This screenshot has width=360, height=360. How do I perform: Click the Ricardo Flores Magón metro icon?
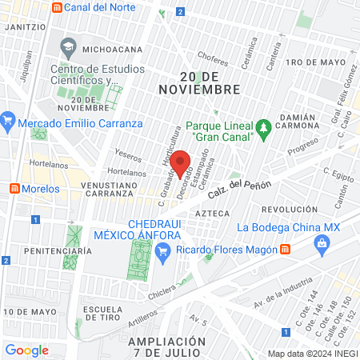tap(286, 250)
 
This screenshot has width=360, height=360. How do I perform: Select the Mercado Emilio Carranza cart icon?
tap(8, 123)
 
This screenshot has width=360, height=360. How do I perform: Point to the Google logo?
tap(27, 350)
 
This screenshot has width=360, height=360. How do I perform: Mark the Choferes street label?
tap(213, 57)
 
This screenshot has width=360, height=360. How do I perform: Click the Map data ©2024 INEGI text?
tap(312, 353)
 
